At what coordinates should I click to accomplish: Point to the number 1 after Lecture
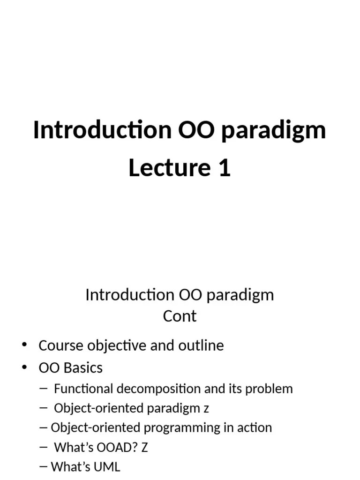[224, 168]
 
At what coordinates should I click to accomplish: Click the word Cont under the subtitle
[180, 316]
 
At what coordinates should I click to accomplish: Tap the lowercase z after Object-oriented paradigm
[206, 408]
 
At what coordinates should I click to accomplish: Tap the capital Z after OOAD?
[144, 447]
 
